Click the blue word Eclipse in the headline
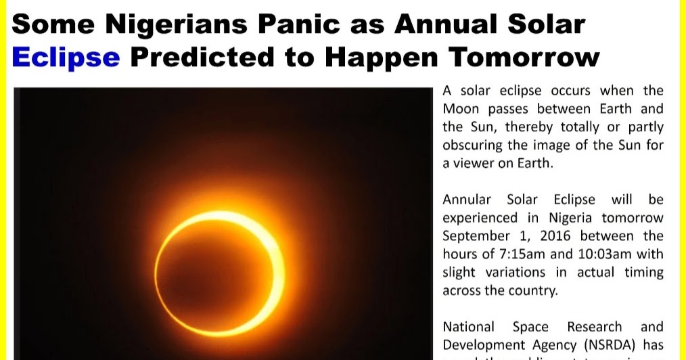coord(66,57)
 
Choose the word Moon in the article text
coord(461,109)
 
